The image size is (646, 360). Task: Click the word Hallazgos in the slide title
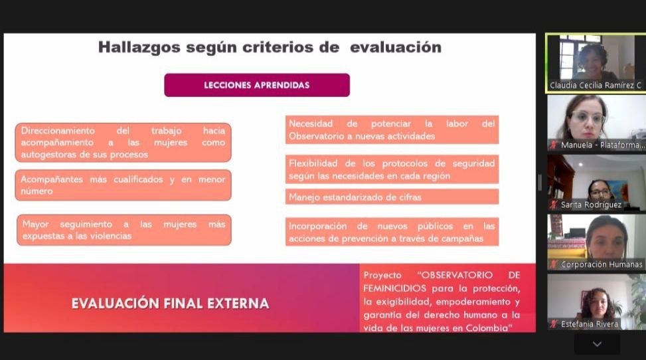coord(139,47)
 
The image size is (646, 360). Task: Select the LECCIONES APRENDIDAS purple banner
coord(257,86)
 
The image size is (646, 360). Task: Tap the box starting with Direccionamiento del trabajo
coord(123,142)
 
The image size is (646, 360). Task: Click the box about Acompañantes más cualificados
coord(123,185)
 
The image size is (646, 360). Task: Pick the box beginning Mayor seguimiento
coord(124,230)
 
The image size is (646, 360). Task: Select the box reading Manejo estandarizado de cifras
coord(392,197)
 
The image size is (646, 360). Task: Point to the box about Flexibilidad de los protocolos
coord(392,169)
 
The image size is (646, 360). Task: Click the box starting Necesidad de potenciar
coord(392,130)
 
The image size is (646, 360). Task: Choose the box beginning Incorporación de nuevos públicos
coord(392,232)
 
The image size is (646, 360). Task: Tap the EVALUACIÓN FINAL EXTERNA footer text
coord(170,304)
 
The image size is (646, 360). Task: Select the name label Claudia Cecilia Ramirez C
coord(596,86)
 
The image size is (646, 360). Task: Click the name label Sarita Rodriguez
coord(591,205)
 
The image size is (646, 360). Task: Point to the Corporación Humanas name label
coord(602,264)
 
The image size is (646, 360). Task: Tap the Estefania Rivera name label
coord(590,324)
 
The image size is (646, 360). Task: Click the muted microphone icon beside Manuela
coord(554,145)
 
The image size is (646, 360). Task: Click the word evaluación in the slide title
coord(396,47)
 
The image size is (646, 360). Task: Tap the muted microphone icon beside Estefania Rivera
coord(554,324)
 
